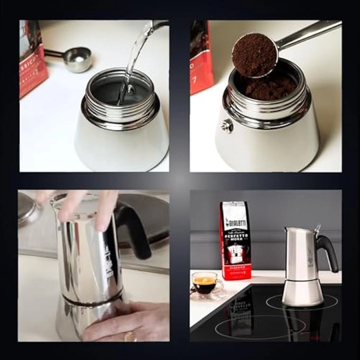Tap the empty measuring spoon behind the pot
point(77,59)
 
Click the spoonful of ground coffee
point(255,53)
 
